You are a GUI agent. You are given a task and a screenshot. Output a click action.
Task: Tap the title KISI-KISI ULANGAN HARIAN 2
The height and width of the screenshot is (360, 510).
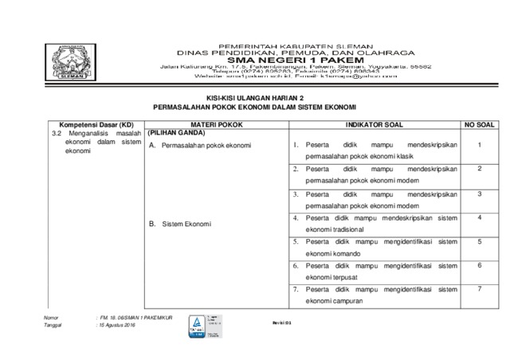coord(254,96)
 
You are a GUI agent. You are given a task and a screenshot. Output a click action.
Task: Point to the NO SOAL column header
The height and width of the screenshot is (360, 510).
coord(480,126)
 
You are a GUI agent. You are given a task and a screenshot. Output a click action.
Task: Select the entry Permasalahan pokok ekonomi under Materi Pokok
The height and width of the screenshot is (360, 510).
coord(206,146)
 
